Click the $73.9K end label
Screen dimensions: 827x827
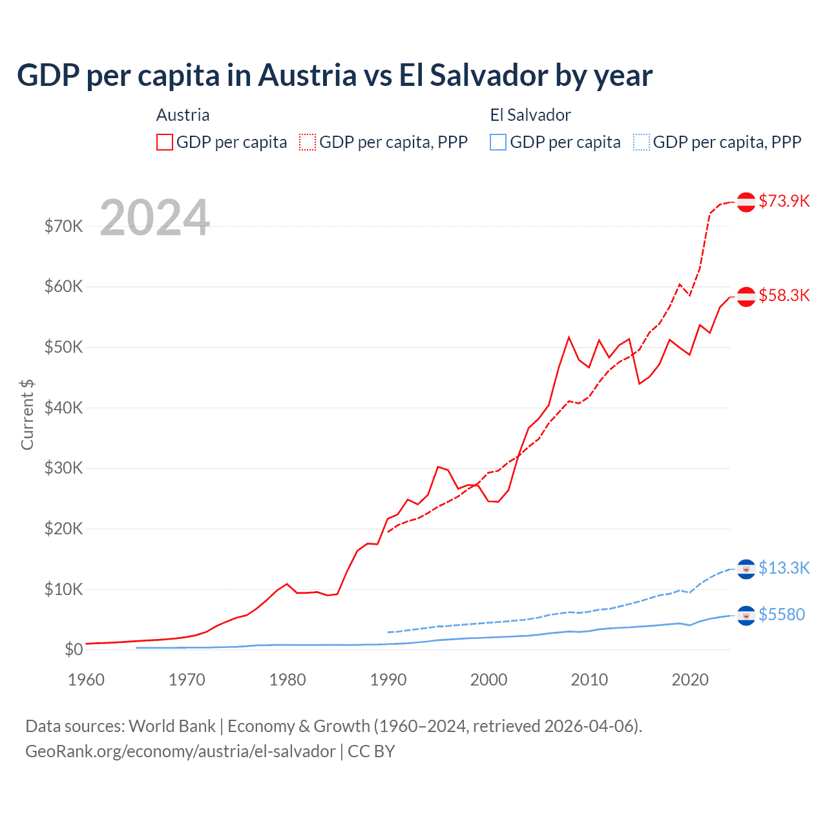[x=784, y=201]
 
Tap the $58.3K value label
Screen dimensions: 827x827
[x=784, y=295]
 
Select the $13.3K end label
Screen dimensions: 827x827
[x=784, y=568]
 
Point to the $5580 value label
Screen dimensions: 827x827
[x=782, y=614]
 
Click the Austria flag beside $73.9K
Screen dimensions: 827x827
[x=746, y=202]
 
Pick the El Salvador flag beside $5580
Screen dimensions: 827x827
[x=746, y=616]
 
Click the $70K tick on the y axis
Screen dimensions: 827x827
[x=63, y=226]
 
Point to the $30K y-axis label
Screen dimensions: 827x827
[x=63, y=468]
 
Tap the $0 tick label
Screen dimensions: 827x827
[x=74, y=649]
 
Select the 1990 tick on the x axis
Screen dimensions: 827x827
[x=388, y=680]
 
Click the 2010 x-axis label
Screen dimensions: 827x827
[x=589, y=680]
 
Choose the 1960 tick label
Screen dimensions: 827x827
[x=86, y=680]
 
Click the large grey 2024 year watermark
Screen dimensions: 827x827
[x=154, y=218]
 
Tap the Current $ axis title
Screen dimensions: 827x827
[x=27, y=415]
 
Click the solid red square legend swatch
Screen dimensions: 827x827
[x=165, y=142]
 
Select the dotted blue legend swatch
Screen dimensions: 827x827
[x=642, y=142]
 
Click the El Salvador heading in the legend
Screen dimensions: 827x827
[x=530, y=115]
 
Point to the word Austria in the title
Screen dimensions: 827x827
[x=308, y=75]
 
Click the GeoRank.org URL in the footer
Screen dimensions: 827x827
[x=180, y=751]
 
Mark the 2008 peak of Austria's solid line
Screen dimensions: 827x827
[x=569, y=337]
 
